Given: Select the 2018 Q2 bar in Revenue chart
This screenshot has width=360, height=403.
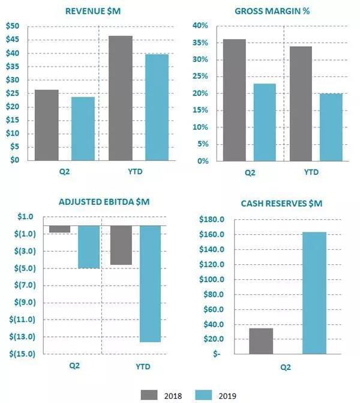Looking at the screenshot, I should click(47, 125).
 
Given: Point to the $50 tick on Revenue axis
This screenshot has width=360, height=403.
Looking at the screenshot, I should click(12, 26).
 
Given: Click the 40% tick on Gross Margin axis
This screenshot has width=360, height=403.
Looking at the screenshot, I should click(200, 26).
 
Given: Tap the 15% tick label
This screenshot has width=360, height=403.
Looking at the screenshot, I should click(200, 111).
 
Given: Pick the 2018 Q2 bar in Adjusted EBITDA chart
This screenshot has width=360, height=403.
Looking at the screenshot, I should click(59, 229).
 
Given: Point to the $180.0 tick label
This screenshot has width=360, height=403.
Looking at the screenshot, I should click(211, 220).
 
